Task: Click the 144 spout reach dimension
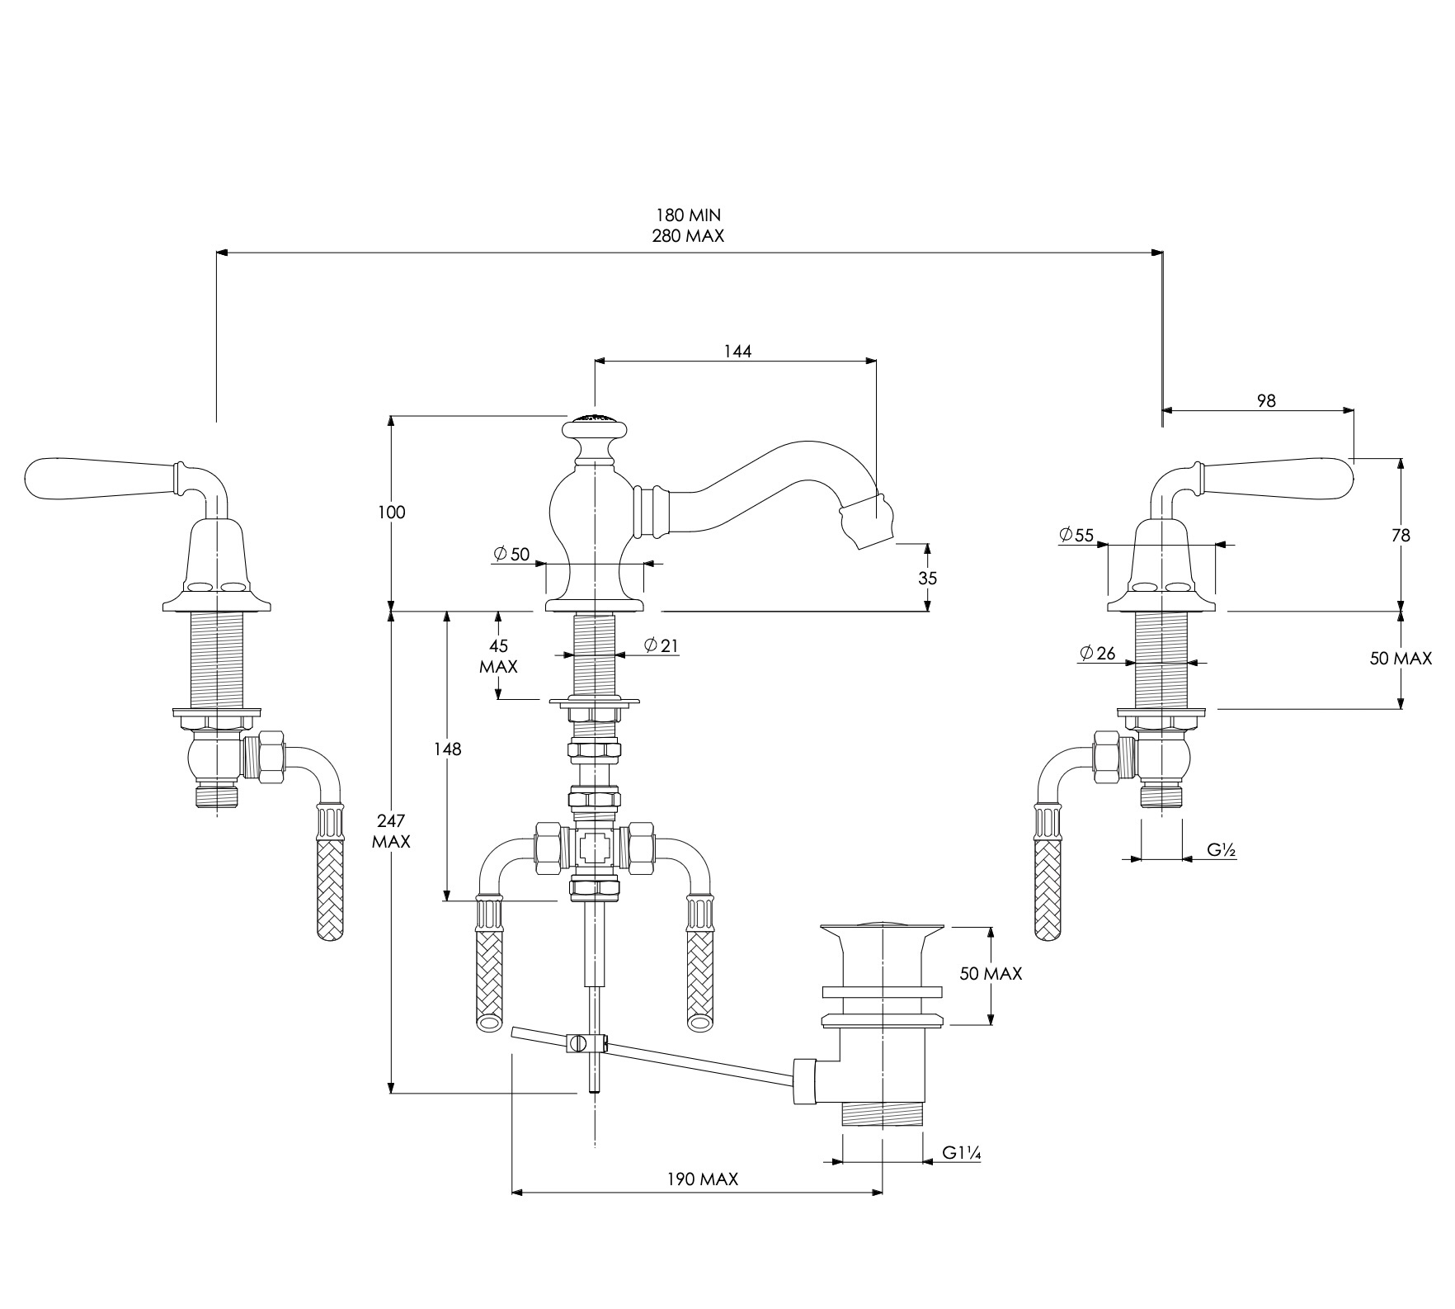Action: [737, 351]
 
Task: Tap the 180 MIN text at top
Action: [689, 215]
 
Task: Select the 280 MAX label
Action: [689, 236]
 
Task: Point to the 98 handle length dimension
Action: [1266, 400]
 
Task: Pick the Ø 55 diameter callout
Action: [1077, 535]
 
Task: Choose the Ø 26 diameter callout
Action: [1097, 654]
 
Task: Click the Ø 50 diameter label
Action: [511, 554]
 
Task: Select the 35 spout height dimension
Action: [928, 578]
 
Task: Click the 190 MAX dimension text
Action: [703, 1179]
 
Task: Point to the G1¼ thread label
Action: [962, 1154]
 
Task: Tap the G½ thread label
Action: [1221, 849]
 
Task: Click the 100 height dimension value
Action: [393, 513]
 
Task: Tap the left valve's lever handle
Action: [103, 479]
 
